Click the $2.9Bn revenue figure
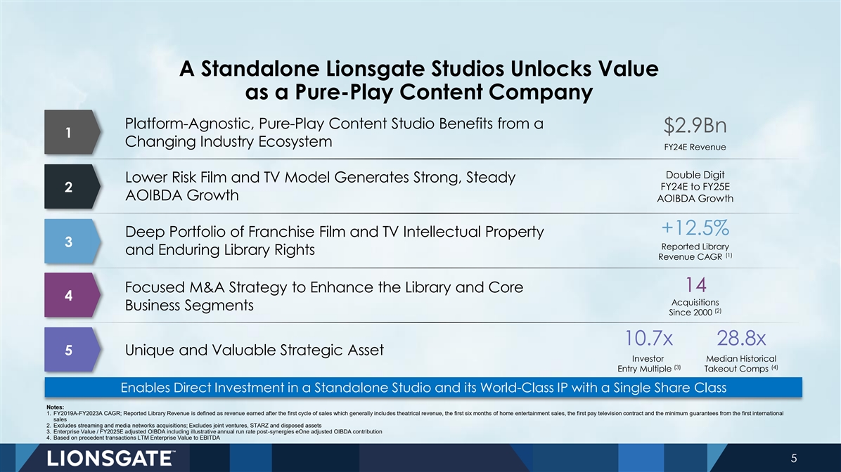(x=695, y=126)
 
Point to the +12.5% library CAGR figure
(x=695, y=228)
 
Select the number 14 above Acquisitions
(x=695, y=284)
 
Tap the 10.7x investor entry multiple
(x=648, y=339)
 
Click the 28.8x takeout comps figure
(x=741, y=339)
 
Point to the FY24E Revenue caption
(x=695, y=147)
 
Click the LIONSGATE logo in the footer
(x=111, y=459)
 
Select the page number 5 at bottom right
(x=794, y=459)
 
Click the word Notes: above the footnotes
(x=56, y=407)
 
